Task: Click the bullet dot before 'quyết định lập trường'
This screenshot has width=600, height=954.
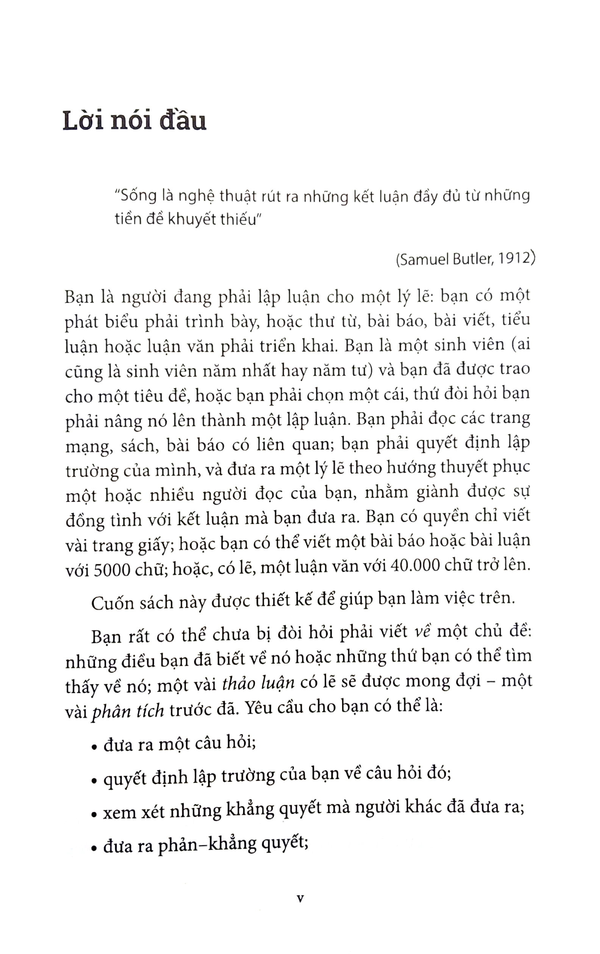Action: point(94,781)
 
